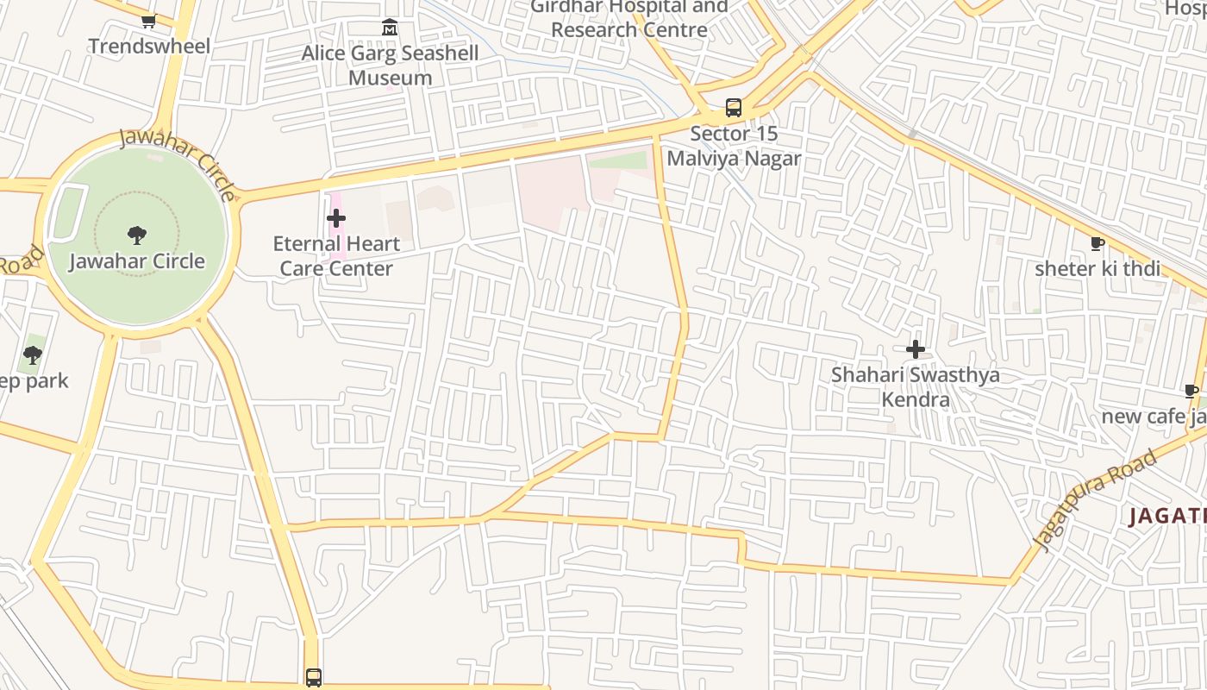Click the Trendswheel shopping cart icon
148,22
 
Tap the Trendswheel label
149,46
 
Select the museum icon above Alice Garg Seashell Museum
390,28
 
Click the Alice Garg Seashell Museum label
390,66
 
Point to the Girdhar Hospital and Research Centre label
629,18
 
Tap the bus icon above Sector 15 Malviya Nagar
734,108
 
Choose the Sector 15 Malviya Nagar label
734,146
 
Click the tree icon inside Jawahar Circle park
136,235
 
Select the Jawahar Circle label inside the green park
137,260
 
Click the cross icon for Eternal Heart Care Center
336,219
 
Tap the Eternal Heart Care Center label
336,256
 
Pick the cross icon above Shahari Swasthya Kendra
916,349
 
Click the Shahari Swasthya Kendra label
916,387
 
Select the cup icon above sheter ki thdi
1098,244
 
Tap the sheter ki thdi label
1097,268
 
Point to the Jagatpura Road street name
1094,499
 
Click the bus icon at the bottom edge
314,677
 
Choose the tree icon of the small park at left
33,354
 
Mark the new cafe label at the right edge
1155,417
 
